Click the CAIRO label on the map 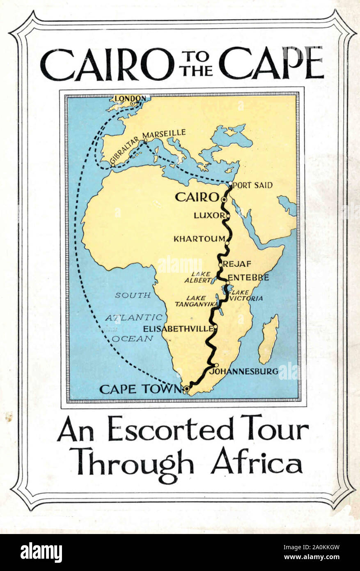[196, 197]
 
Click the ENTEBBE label [248, 277]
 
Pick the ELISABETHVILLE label [178, 329]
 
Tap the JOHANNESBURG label [243, 371]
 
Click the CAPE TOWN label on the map [140, 389]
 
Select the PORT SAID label [252, 185]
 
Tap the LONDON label [130, 98]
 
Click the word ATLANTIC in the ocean [133, 318]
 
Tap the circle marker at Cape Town [187, 388]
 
